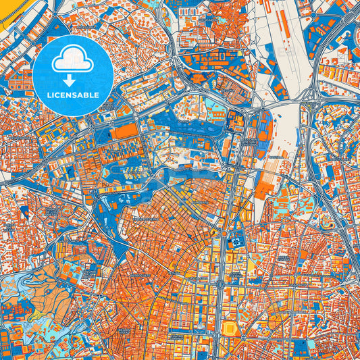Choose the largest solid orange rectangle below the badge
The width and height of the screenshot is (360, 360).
click(x=124, y=131)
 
